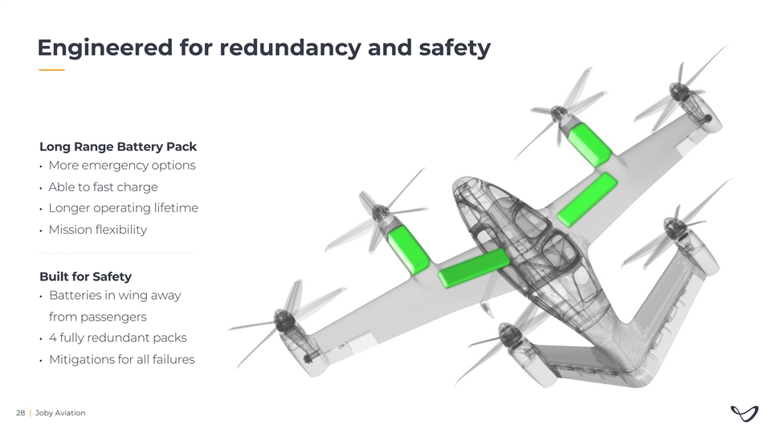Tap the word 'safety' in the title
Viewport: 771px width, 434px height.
455,48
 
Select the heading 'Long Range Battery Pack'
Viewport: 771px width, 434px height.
118,146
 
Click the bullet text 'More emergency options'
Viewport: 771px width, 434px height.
122,166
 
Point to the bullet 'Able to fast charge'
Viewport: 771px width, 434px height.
104,187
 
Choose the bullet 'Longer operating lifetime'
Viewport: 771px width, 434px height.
124,208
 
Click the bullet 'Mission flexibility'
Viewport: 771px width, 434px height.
98,230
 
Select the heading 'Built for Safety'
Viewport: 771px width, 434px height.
86,276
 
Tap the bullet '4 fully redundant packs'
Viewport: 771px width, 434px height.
118,338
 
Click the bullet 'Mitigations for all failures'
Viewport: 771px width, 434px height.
122,360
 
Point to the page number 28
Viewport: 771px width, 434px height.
21,413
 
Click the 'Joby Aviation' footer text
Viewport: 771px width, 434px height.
60,413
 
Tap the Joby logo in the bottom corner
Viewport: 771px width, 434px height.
744,413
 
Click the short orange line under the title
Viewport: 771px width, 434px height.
51,70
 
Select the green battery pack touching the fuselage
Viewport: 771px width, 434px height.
474,268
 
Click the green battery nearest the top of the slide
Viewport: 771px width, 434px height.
589,145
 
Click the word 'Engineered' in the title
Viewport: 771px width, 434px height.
105,48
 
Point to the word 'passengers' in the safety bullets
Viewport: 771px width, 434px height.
98,317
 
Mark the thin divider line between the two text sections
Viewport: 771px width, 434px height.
117,253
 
